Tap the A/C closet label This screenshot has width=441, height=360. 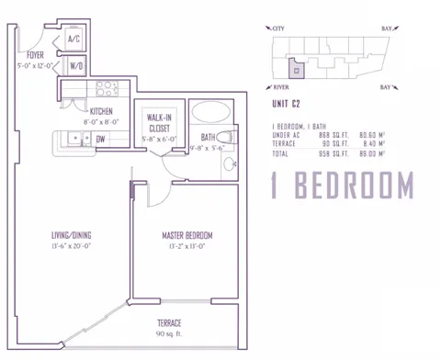(75, 40)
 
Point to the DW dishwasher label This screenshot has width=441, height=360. (100, 139)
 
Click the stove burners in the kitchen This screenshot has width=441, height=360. (106, 89)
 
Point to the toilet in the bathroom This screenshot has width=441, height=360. (231, 139)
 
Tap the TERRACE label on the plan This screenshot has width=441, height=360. (169, 323)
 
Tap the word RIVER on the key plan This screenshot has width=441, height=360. (282, 86)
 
